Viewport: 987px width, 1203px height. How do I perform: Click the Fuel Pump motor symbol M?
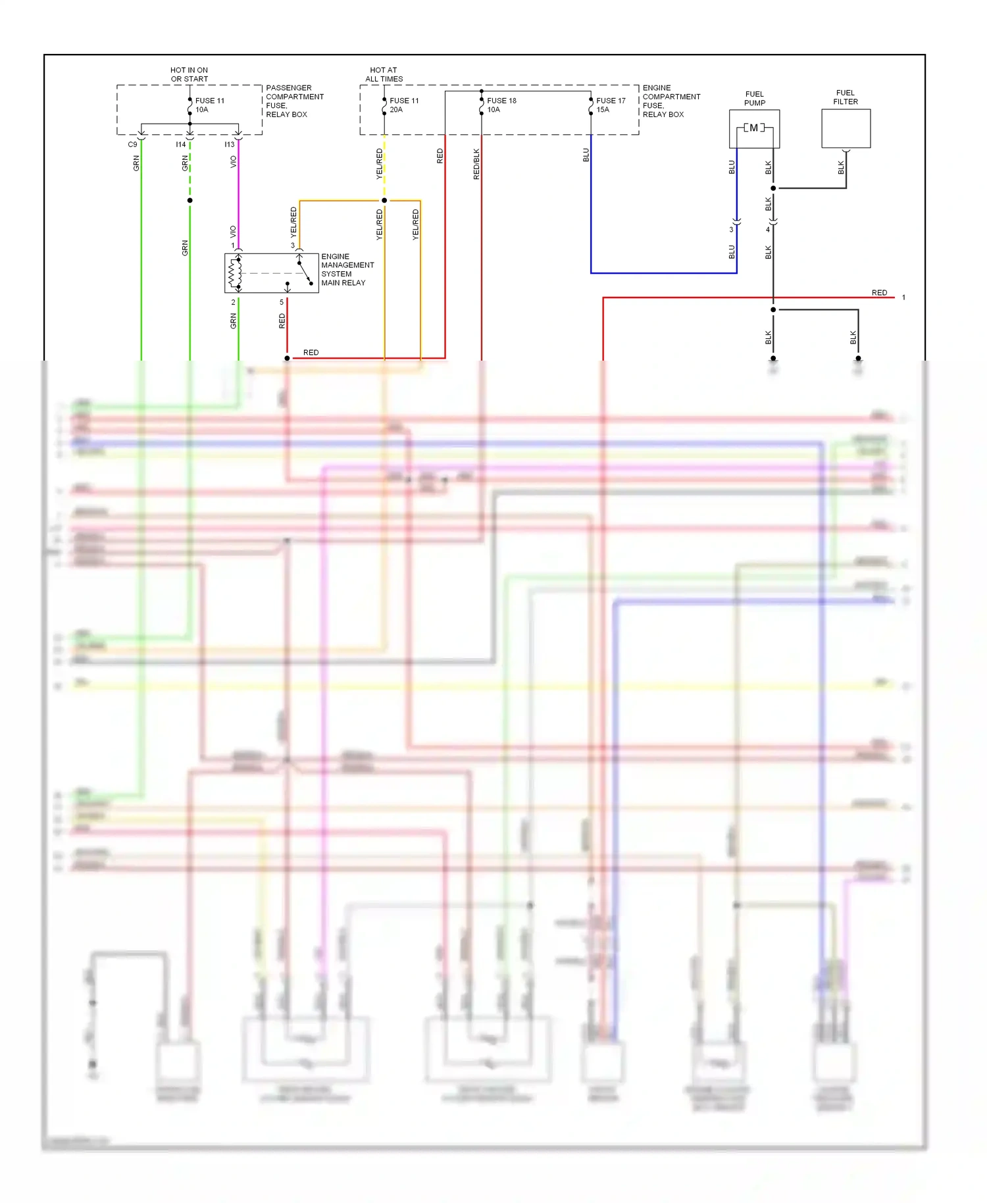tap(753, 128)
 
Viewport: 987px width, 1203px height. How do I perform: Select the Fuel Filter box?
tap(846, 128)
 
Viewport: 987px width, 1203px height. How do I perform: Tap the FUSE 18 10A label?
tap(501, 105)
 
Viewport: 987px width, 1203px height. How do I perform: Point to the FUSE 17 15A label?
tap(610, 105)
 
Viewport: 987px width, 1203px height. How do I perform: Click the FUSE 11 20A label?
tap(403, 105)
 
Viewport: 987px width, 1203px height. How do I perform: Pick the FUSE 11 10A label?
tap(209, 105)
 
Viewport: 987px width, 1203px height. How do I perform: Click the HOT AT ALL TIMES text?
tap(384, 74)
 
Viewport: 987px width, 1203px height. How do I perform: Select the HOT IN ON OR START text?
tap(189, 74)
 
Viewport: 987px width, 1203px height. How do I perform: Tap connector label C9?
tap(132, 144)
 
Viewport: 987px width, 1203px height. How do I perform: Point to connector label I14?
tap(180, 144)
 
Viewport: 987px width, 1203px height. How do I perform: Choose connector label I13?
tap(229, 144)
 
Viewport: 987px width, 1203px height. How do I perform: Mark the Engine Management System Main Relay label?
tap(347, 270)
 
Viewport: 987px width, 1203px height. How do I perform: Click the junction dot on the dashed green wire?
tap(190, 200)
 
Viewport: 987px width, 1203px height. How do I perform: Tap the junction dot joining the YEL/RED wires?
tap(384, 200)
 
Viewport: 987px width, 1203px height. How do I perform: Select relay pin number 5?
tap(282, 302)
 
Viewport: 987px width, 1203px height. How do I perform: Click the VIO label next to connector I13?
tap(234, 161)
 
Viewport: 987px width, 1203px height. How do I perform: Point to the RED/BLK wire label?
tap(476, 164)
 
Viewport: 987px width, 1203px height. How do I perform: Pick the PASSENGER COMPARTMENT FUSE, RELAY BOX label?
tap(294, 101)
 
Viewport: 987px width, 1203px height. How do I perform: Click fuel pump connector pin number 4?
tap(767, 230)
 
